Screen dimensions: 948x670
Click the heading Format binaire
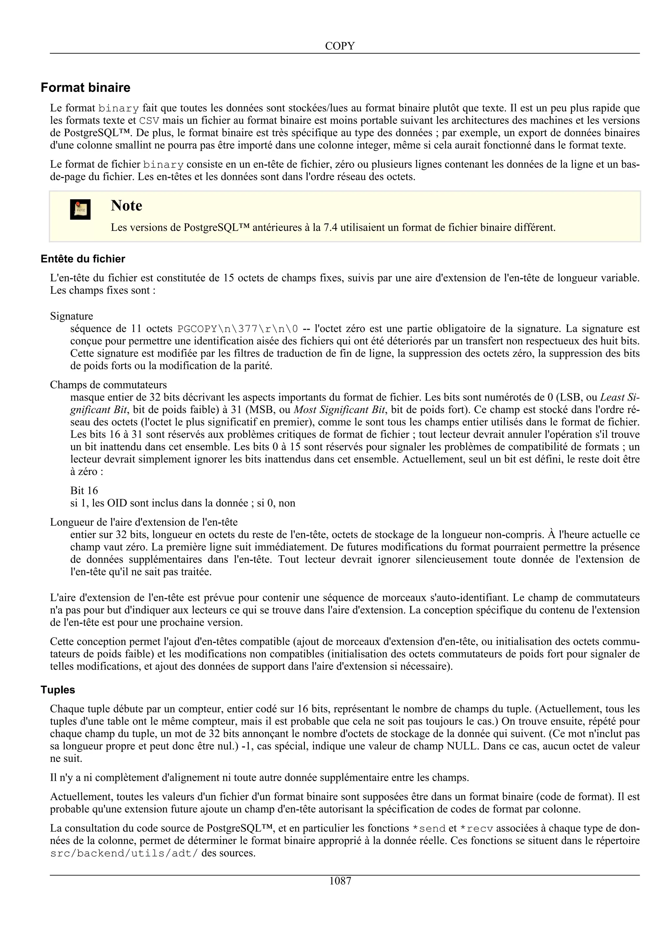85,88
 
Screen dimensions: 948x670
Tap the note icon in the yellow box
80,209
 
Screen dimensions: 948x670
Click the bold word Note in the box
126,206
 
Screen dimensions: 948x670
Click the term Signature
71,316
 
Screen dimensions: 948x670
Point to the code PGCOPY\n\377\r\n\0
238,329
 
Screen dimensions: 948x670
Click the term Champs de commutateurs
108,385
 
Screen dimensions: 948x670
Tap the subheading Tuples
58,690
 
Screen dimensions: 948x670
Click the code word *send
429,829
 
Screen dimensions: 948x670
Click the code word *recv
476,829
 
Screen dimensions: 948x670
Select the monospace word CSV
149,121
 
